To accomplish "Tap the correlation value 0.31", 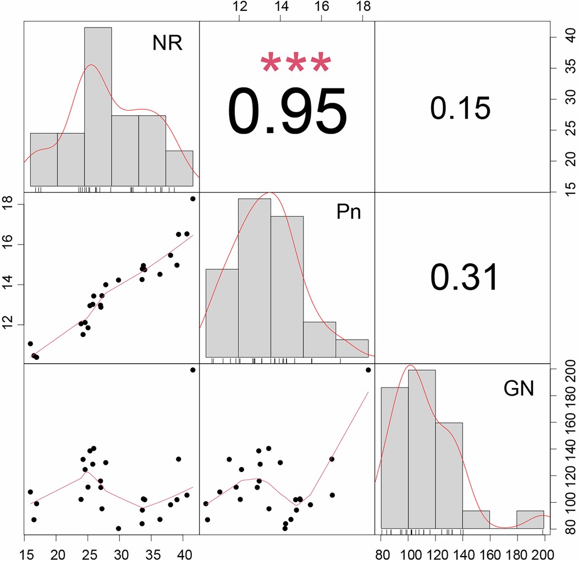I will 464,277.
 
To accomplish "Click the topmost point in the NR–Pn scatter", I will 192,198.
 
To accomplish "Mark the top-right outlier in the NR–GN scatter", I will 192,370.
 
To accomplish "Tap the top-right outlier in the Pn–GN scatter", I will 368,370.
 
